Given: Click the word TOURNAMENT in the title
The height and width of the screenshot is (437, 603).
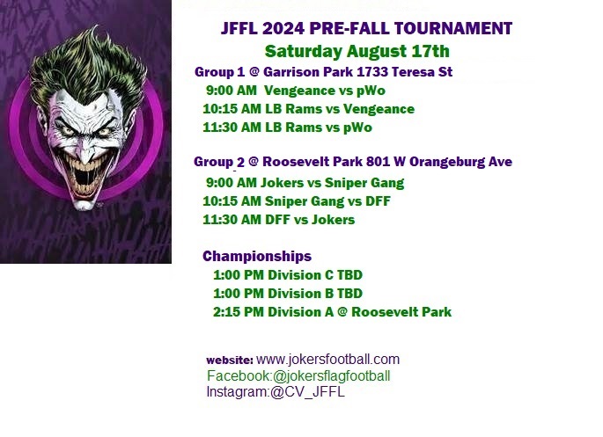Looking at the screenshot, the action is (453, 28).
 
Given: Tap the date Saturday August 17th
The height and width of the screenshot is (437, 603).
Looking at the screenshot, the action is (357, 51).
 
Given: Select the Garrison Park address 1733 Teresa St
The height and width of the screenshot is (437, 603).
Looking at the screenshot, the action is (405, 72).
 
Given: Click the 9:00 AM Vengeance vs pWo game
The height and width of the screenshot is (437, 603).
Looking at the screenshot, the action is (296, 91).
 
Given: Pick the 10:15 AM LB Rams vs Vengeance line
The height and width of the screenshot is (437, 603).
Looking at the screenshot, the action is (308, 109).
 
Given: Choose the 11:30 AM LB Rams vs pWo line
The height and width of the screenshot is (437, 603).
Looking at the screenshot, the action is (287, 127).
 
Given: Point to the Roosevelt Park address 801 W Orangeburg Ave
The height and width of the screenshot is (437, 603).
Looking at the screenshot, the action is (439, 162).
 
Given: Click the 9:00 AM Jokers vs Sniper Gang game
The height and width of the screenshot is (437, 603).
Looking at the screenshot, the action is (305, 183).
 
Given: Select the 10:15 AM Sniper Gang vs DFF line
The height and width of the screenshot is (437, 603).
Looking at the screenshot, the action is (297, 201).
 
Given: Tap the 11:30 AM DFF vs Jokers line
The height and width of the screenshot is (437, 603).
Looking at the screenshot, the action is (279, 220).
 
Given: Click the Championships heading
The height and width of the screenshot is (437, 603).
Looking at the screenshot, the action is (257, 256).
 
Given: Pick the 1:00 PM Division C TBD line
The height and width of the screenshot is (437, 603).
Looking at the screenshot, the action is (288, 275).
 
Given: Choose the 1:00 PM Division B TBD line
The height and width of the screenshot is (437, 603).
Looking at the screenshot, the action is (288, 294).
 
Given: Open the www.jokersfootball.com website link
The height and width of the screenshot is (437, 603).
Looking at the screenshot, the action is (327, 360).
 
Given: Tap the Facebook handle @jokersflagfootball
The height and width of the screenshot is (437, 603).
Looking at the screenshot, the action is (331, 376).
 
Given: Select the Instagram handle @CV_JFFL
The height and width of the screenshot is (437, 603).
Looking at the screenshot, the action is (307, 392).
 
